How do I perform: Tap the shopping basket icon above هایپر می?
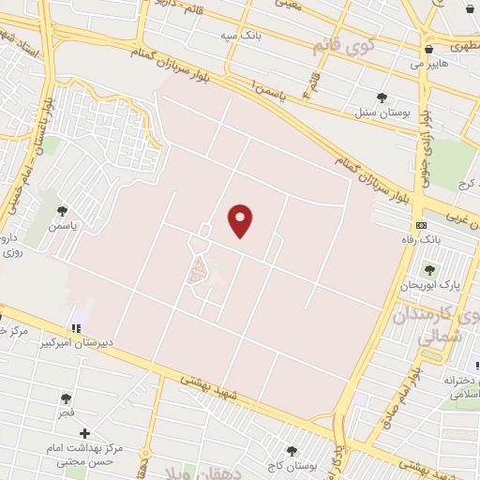point(428,49)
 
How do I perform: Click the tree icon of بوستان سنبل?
point(382,97)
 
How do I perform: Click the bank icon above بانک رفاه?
point(421,226)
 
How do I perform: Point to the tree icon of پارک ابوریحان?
point(429,270)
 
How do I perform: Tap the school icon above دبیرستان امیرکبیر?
point(76,328)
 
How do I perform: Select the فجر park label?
point(65,412)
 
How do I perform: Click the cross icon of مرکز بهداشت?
point(85,434)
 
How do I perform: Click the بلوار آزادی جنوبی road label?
point(426,136)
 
